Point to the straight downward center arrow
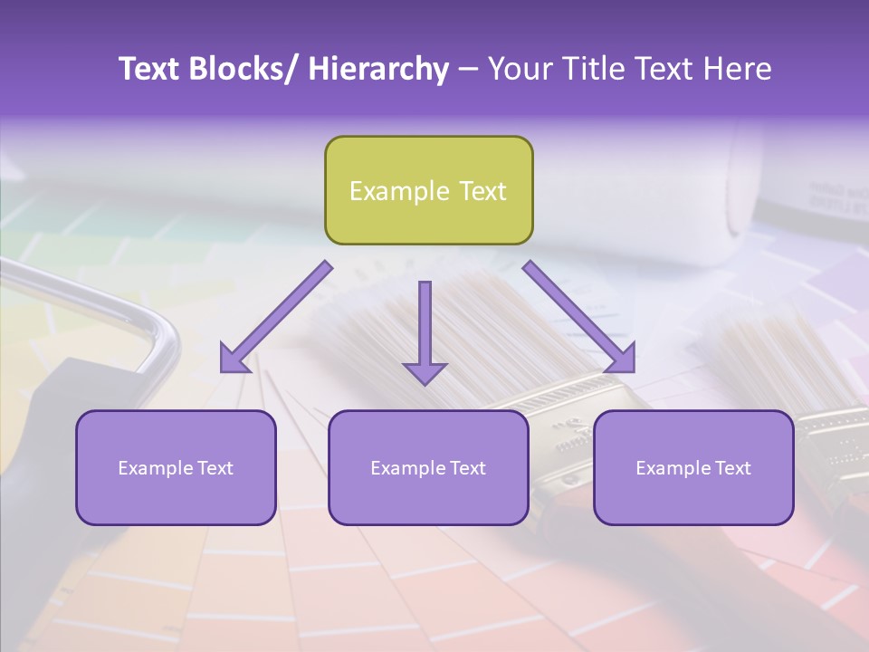click(425, 326)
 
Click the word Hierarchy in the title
click(378, 69)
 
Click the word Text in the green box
click(481, 191)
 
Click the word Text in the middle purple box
click(465, 468)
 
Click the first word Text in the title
click(149, 69)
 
